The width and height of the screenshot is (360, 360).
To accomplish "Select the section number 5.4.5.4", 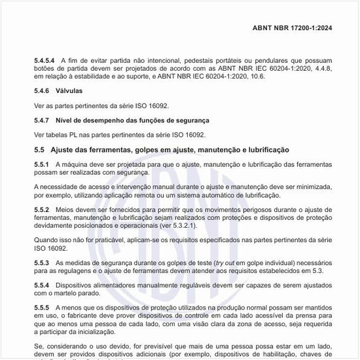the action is pos(45,61).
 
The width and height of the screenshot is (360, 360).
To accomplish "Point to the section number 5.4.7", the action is pos(42,121).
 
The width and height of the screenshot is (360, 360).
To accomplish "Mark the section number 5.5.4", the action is pos(42,286).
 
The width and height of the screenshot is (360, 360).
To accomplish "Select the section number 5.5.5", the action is pos(42,307).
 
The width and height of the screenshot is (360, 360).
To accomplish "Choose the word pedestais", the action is pos(190,61).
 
